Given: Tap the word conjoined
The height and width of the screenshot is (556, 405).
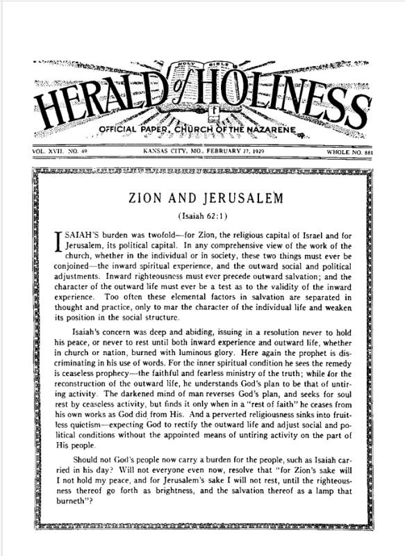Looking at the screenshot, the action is [x=69, y=265].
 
